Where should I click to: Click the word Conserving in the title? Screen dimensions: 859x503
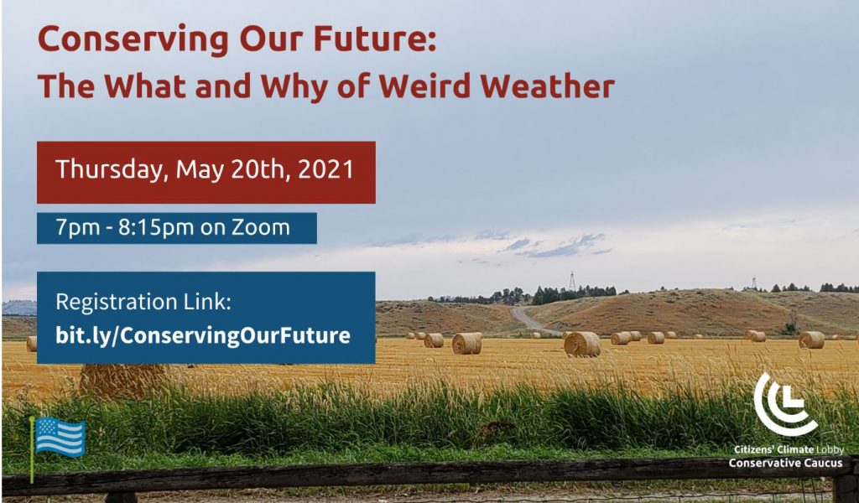pyautogui.click(x=133, y=40)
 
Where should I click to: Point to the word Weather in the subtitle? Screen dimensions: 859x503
pyautogui.click(x=547, y=86)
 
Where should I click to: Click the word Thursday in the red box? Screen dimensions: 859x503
pyautogui.click(x=112, y=169)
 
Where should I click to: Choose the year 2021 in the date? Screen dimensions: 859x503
pyautogui.click(x=326, y=169)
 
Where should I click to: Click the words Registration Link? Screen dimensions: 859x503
pyautogui.click(x=143, y=302)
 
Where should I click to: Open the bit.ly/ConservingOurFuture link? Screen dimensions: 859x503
pyautogui.click(x=203, y=335)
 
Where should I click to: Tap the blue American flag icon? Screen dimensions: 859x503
pyautogui.click(x=60, y=437)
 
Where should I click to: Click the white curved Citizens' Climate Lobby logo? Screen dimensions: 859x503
pyautogui.click(x=784, y=403)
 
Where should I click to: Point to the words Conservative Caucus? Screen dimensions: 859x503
pyautogui.click(x=785, y=463)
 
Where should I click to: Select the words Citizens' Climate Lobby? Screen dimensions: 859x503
pyautogui.click(x=789, y=450)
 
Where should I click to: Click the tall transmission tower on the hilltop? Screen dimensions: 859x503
pyautogui.click(x=572, y=281)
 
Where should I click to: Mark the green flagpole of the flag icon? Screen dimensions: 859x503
pyautogui.click(x=33, y=449)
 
